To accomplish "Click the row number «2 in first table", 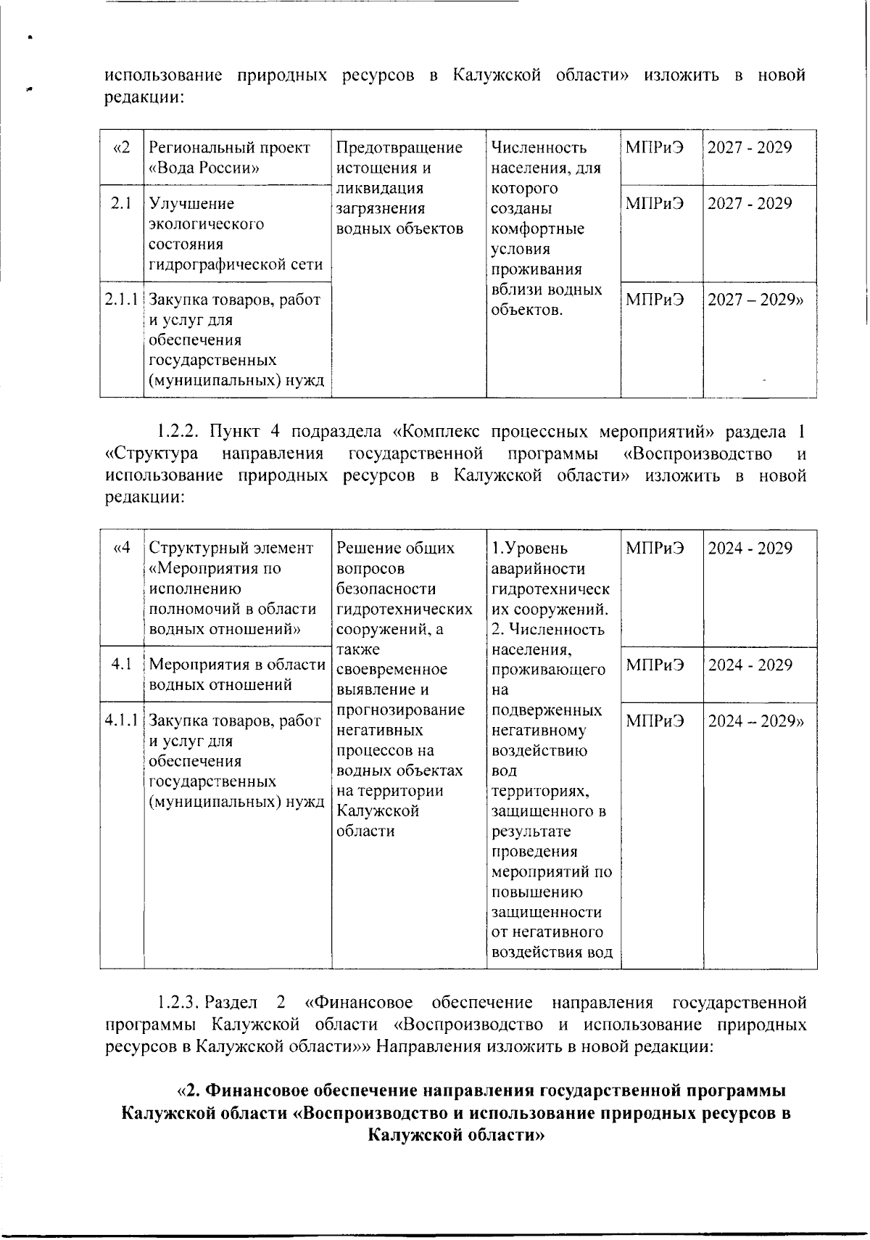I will [x=122, y=148].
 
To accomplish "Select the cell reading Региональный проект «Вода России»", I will [x=229, y=158].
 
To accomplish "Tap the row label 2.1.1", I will [x=122, y=300].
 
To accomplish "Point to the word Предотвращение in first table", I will [x=399, y=148].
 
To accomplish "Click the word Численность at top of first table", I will [x=539, y=148].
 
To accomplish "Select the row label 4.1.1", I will [x=122, y=720].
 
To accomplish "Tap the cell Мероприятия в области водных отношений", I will [x=236, y=674].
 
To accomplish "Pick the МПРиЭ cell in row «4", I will [x=655, y=548].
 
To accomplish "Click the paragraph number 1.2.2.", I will [x=178, y=432].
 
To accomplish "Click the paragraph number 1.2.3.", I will [x=178, y=1003].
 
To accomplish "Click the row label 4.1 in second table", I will [x=122, y=665].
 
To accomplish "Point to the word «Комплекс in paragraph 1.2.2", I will [x=428, y=432].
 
